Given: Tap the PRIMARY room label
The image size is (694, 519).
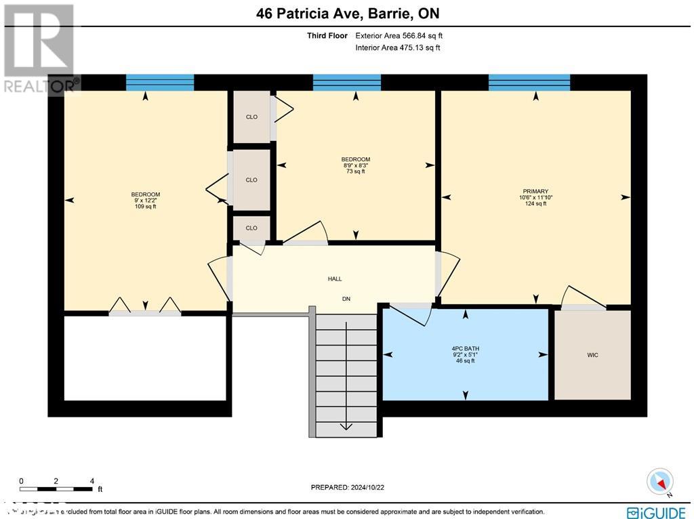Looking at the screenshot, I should pos(535,191).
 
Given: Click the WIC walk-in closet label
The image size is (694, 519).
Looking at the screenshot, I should pos(593,355).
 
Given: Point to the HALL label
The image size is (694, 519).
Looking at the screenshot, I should pos(334,278).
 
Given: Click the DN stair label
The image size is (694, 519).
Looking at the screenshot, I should pos(346,299).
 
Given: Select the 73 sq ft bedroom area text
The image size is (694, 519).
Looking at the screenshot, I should pos(355,172).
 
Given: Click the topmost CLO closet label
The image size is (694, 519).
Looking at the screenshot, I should pos(251,117).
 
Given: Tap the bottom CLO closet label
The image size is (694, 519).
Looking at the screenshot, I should pos(251,228).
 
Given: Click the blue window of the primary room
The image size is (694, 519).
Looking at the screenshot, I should pos(529,82).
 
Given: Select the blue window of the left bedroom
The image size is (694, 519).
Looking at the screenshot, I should pos(160,82).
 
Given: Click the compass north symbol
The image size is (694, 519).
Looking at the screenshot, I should pos(659,482).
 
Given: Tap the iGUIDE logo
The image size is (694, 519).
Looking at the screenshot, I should pos(656,512).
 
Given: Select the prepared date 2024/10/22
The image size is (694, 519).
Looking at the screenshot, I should pos(347,487).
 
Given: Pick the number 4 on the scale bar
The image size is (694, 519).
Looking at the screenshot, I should pos(91,481).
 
